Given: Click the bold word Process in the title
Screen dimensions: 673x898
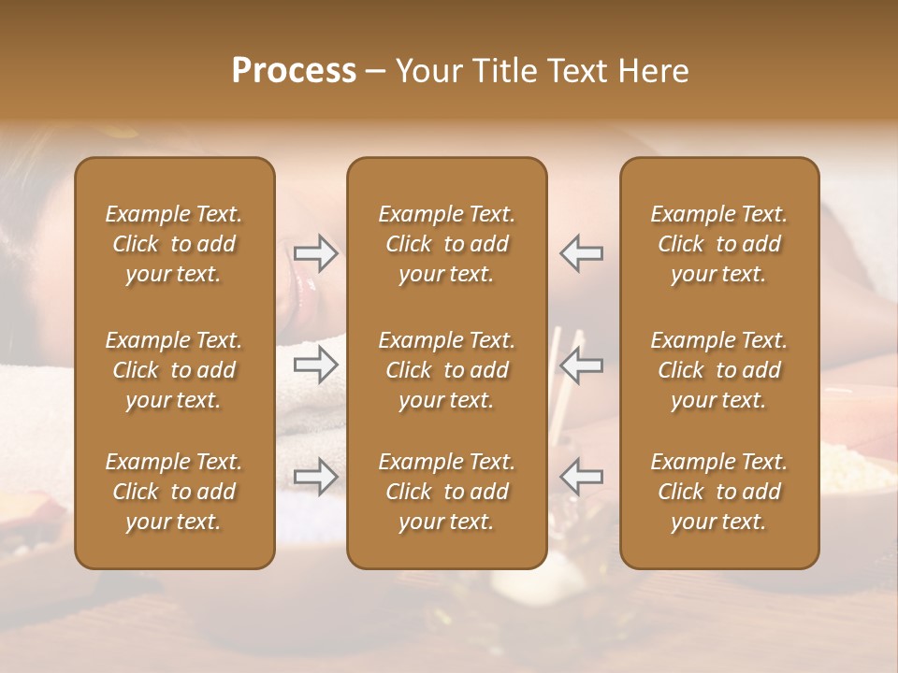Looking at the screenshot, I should click(294, 71).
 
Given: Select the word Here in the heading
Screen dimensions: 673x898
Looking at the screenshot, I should click(655, 71).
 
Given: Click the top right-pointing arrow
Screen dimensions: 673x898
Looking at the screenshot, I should click(315, 253).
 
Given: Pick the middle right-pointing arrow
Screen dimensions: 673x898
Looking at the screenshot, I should click(315, 365).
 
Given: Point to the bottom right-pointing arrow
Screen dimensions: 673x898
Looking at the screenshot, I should click(315, 477).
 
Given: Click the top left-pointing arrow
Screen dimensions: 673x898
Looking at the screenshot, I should click(582, 253).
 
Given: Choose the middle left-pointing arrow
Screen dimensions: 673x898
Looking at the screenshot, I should click(582, 365).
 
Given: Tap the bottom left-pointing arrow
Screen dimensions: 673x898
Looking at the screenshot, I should click(582, 477).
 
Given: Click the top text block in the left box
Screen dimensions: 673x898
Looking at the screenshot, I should click(174, 244).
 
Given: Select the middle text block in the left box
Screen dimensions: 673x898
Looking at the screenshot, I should click(174, 370).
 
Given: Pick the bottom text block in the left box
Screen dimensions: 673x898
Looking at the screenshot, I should click(174, 492).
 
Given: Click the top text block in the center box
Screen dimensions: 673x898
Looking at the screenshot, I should click(447, 244).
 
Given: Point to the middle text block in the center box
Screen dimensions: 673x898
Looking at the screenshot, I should click(447, 370).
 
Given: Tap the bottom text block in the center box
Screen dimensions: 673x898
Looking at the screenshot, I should click(447, 492).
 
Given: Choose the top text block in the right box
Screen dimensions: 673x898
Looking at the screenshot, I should click(719, 244).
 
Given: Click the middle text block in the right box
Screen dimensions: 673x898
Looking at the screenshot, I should click(719, 370).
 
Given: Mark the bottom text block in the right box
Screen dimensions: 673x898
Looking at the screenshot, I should click(719, 492).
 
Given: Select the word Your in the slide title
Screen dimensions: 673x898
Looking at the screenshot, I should click(429, 71).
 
